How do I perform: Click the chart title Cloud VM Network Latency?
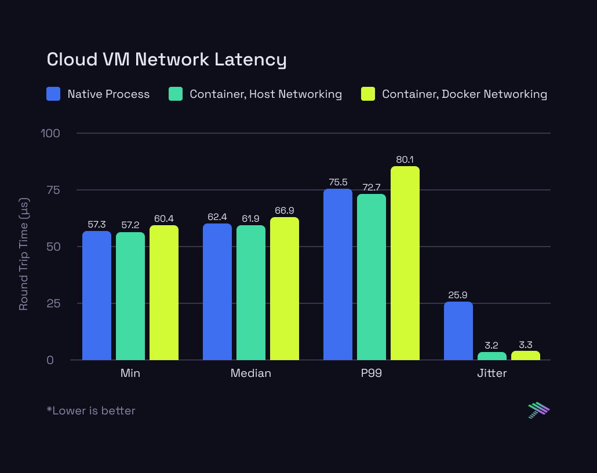166,59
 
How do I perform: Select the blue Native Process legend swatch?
53,94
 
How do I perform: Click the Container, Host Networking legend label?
265,94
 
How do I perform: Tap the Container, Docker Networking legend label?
464,94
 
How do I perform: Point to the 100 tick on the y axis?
50,133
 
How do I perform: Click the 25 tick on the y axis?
53,303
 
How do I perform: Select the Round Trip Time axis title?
24,254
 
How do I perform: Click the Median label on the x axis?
250,373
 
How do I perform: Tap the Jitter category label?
492,373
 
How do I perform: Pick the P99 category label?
371,373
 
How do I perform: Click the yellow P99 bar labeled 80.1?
405,263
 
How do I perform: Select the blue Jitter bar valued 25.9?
458,331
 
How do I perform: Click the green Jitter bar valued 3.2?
492,356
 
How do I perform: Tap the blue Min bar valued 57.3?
97,295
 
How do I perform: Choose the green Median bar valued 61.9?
250,292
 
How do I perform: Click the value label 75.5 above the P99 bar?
337,182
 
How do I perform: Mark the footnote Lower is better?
91,410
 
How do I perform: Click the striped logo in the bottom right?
538,410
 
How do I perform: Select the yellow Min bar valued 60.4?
163,292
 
